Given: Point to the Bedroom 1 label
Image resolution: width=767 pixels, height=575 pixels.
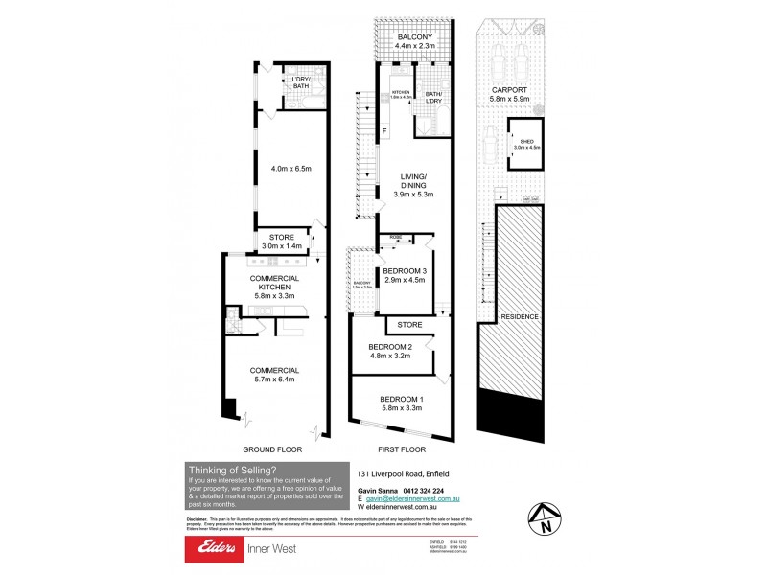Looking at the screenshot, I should (401, 402).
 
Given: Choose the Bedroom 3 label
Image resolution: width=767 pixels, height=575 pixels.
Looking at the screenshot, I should (403, 276).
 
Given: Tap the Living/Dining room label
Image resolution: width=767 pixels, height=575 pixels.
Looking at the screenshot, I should (413, 188).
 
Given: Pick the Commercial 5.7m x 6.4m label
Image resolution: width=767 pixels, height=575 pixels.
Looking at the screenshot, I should (274, 375).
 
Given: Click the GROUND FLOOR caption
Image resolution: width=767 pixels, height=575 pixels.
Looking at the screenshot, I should (274, 448).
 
